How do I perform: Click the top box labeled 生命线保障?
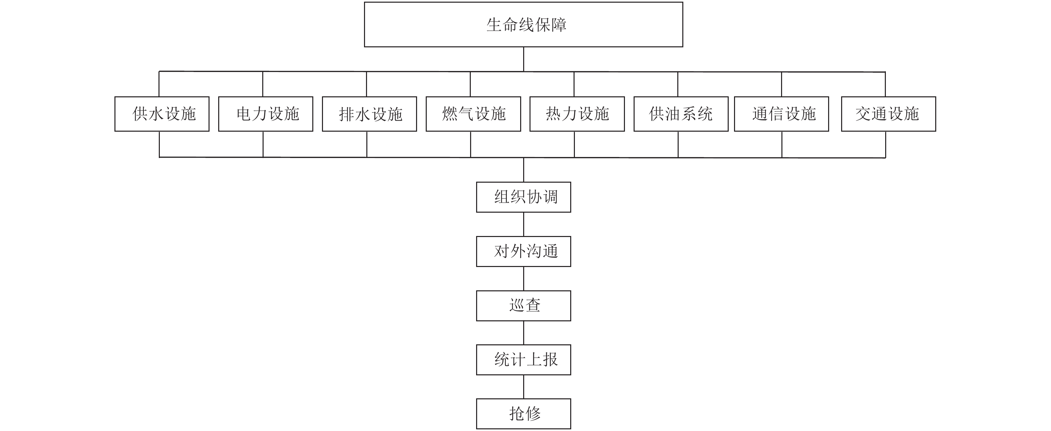point(523,24)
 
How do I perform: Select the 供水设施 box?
point(162,114)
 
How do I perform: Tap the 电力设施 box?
point(266,114)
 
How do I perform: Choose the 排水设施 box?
point(369,114)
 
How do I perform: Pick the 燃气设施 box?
point(473,114)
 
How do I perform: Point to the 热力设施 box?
point(577,114)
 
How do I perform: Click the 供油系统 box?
point(681,114)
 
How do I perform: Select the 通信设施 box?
point(781,114)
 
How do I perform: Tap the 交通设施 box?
point(889,114)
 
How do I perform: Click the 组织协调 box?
point(523,197)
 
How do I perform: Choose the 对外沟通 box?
point(523,251)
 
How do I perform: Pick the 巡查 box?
point(523,305)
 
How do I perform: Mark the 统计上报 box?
point(523,360)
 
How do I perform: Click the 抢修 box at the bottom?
point(523,413)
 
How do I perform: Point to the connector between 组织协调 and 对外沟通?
point(524,224)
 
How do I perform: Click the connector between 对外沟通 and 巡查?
point(524,278)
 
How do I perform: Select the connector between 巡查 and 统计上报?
point(524,333)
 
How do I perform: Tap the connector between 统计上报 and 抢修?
point(524,387)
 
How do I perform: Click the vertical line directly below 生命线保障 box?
point(524,59)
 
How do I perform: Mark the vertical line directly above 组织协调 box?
point(524,170)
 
